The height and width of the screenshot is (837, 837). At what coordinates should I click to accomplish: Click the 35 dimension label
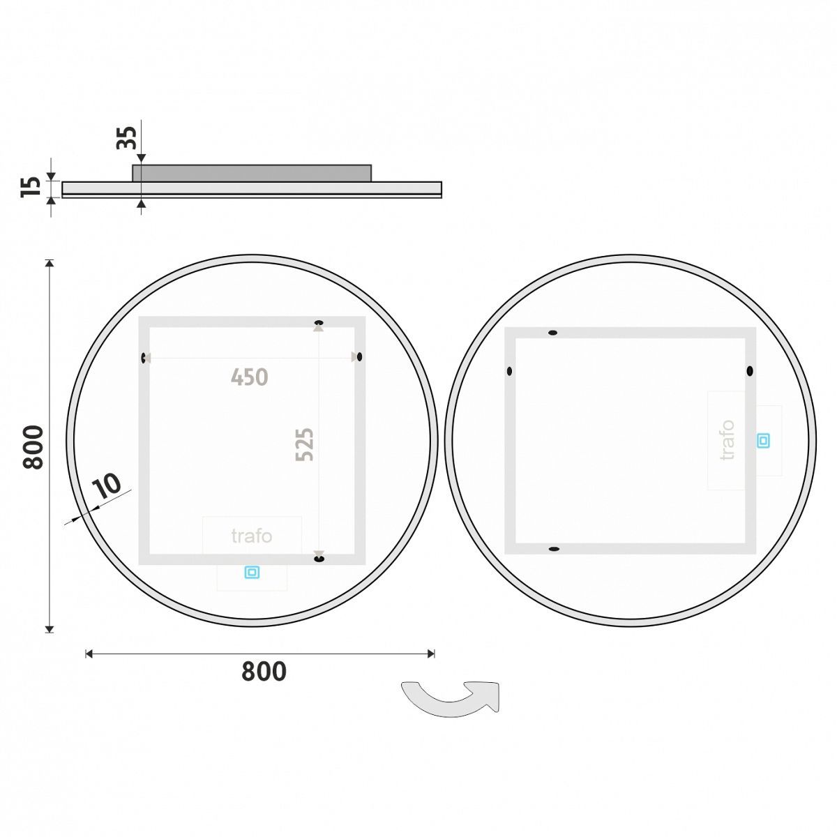click(x=126, y=137)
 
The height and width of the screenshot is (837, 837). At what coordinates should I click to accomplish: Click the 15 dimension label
click(x=31, y=187)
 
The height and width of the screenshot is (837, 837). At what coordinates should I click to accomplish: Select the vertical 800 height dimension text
click(x=33, y=447)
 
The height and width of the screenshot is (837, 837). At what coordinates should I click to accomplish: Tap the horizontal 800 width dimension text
click(x=264, y=671)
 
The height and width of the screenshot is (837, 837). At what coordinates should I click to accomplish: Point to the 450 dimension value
click(x=250, y=377)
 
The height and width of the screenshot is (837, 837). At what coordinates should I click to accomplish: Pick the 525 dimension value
click(x=305, y=444)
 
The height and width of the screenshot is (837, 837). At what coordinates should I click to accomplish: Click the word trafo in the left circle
click(x=252, y=536)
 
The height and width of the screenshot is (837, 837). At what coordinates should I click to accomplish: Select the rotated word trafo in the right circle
click(x=727, y=439)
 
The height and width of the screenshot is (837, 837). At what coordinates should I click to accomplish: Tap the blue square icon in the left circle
click(x=252, y=573)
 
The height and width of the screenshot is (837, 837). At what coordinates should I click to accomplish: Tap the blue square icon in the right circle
click(x=764, y=440)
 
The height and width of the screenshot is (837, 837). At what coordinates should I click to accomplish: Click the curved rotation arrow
click(x=451, y=697)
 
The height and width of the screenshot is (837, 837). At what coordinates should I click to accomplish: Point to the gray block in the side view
click(x=252, y=173)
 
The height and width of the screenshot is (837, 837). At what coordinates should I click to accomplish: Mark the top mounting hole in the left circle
click(x=319, y=322)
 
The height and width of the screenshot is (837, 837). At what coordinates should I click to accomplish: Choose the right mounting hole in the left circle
click(x=359, y=357)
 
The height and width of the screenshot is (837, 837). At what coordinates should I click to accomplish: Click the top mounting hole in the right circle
click(x=553, y=333)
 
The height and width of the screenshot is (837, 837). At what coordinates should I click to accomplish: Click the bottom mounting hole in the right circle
click(x=554, y=550)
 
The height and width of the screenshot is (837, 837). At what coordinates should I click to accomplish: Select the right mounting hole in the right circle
click(x=750, y=371)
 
